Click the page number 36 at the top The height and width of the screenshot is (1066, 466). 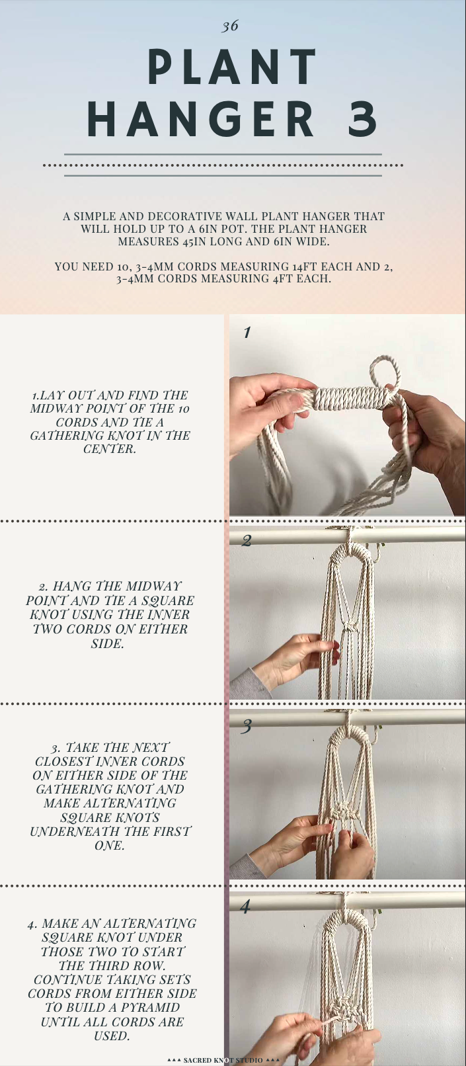point(230,26)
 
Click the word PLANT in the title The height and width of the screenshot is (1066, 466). point(233,67)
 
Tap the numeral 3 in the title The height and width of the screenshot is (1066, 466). point(362,119)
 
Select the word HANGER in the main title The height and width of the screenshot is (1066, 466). point(202,119)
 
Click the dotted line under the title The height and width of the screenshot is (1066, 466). point(223,165)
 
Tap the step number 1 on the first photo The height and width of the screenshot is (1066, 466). point(247,333)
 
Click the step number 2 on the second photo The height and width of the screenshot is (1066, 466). point(247,541)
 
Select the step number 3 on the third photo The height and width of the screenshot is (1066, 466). point(247,727)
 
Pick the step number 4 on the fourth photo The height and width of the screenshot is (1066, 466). point(245,906)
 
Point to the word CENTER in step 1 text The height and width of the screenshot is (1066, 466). point(109,450)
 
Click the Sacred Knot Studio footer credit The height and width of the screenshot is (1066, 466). point(223,1060)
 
